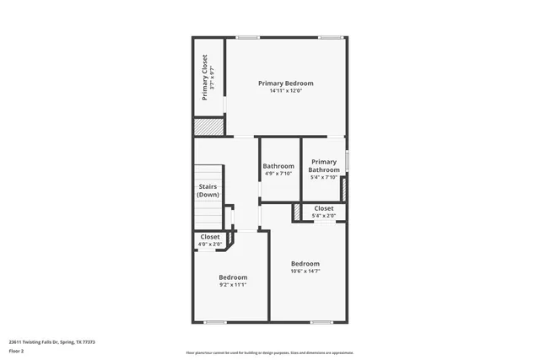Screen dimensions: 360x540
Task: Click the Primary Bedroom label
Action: [x=285, y=83]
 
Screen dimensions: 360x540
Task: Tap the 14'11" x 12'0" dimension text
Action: [x=285, y=91]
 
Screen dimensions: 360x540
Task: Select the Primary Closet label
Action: [x=204, y=77]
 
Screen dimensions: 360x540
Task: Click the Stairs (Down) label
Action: [x=208, y=191]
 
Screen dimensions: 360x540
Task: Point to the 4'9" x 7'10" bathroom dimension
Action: [x=278, y=174]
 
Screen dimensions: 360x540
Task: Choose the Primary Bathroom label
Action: [x=324, y=165]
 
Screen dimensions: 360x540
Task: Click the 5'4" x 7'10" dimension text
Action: [x=324, y=177]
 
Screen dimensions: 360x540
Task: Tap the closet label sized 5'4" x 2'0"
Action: [x=324, y=208]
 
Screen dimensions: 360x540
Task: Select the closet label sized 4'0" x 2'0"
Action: [x=210, y=237]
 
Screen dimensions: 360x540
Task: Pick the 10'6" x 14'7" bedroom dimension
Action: [x=305, y=271]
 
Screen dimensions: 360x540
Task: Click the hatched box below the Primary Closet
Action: [x=208, y=126]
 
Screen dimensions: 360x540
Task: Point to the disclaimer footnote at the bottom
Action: [x=270, y=352]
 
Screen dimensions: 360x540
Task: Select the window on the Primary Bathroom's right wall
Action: [x=347, y=159]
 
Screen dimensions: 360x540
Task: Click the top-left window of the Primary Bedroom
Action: [x=246, y=37]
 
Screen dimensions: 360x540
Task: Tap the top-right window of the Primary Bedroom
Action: [x=330, y=37]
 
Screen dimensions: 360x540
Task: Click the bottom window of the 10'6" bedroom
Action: [x=321, y=321]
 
